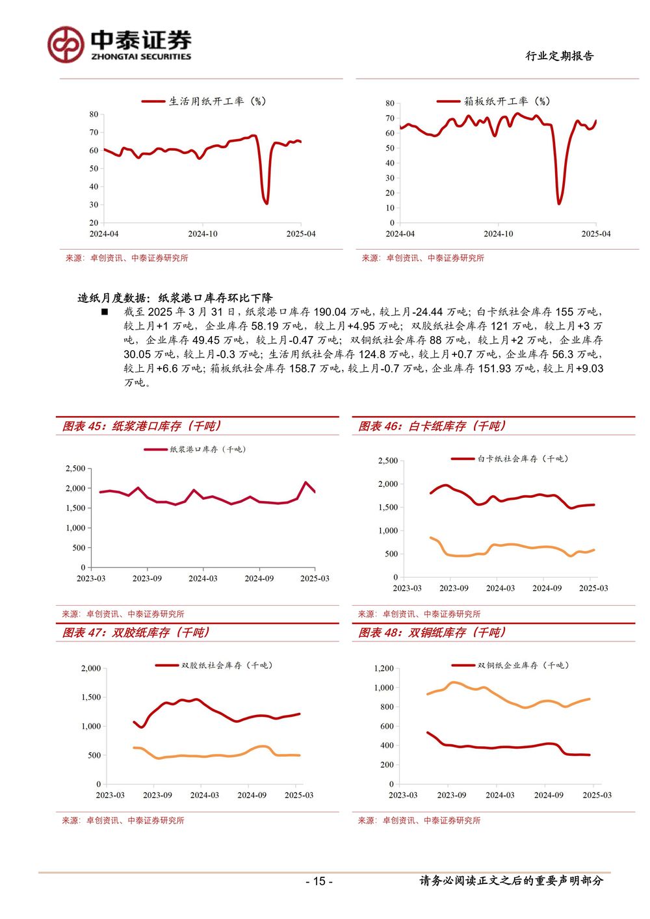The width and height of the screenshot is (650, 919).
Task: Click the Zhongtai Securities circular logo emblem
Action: click(66, 45)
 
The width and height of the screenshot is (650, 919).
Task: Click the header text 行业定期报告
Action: click(559, 56)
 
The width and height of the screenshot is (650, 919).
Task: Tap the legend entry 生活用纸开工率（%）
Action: click(204, 101)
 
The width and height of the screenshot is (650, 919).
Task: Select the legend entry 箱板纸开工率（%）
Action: click(493, 101)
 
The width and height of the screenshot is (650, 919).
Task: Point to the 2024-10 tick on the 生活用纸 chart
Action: click(203, 234)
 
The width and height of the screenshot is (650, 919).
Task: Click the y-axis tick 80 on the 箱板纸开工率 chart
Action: click(390, 103)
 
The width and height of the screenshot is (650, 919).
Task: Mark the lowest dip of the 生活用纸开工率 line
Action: click(266, 203)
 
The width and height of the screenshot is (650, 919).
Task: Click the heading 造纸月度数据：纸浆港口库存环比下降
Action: click(175, 298)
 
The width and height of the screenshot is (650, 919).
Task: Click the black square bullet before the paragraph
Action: click(105, 312)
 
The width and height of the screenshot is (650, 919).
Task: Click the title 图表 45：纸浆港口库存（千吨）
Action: click(142, 426)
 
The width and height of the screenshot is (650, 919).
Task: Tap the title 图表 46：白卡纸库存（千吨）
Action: click(432, 426)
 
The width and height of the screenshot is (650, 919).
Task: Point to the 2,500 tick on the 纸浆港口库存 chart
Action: click(75, 469)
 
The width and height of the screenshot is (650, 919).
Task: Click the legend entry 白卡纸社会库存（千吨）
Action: click(510, 459)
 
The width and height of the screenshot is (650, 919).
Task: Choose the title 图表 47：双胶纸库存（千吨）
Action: click(136, 632)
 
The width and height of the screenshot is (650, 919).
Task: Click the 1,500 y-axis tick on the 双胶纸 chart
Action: click(91, 697)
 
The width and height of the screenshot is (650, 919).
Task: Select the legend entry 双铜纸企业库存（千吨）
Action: click(510, 666)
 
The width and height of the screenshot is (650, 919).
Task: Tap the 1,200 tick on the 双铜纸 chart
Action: click(383, 669)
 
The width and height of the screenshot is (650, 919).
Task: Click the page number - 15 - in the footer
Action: click(319, 881)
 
